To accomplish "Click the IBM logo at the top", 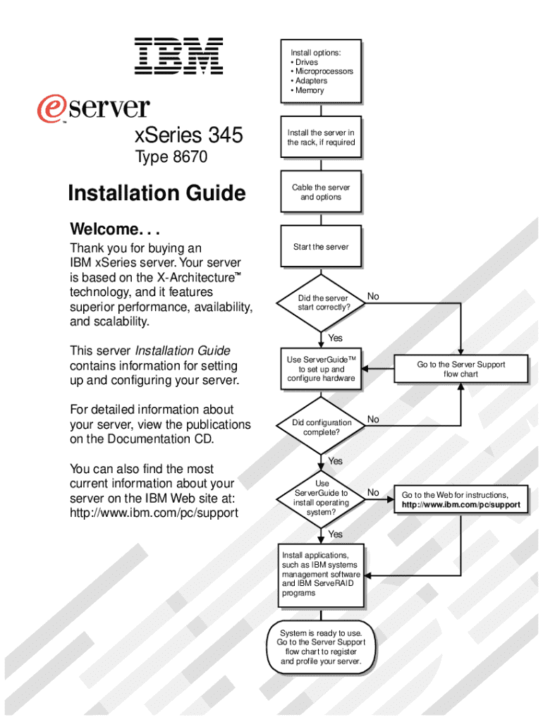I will [x=179, y=56].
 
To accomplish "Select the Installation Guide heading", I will [x=157, y=192].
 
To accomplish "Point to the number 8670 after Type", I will [x=191, y=157].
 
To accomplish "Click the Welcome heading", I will [x=115, y=229].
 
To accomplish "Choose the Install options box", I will [x=321, y=71].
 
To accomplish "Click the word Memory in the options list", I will [x=310, y=90].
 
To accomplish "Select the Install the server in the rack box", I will [x=321, y=137].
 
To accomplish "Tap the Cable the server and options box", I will [x=321, y=192].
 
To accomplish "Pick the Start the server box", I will [x=321, y=247].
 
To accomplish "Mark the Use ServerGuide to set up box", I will [x=321, y=369].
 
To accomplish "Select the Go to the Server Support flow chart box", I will [x=460, y=369].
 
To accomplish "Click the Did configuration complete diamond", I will [x=322, y=427].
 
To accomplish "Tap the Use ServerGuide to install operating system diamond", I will [x=322, y=498].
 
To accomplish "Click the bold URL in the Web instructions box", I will [x=461, y=505].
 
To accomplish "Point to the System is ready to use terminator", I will [x=321, y=647].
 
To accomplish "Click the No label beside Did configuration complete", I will [x=373, y=420].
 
